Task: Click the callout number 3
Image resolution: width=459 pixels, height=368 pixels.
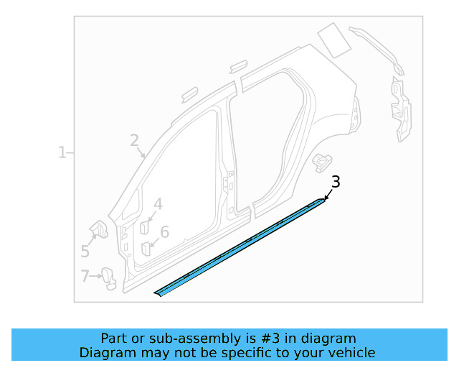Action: pos(335,182)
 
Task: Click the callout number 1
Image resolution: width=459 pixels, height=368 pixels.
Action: pos(62,152)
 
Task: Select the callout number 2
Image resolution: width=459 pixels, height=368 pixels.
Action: pos(134,140)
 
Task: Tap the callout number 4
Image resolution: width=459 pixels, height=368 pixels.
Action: pos(158,204)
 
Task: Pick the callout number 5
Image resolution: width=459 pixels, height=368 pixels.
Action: pos(85,252)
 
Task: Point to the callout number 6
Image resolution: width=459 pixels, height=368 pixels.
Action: pos(164,232)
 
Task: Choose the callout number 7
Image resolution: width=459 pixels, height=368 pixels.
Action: pos(85,275)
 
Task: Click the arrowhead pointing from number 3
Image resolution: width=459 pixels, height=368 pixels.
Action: pos(326,198)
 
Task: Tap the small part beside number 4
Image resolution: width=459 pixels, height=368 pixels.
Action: pos(143,226)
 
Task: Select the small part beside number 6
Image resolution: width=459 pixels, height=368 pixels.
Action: pos(146,248)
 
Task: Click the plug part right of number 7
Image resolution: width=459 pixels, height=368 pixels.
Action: pos(109,277)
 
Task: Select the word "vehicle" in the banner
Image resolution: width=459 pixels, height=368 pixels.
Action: pos(349,352)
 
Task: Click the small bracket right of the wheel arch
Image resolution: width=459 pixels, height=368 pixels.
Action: pos(323,161)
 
